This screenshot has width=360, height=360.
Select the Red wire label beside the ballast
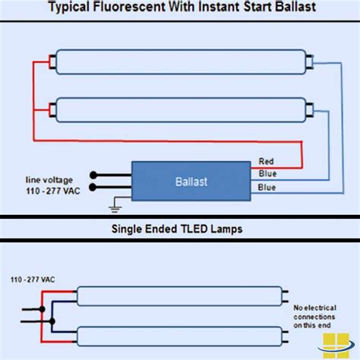(x=267, y=161)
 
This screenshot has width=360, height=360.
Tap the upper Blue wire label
(x=267, y=173)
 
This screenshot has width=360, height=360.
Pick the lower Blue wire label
(x=267, y=187)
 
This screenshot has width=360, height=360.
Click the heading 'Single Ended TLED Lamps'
(x=180, y=229)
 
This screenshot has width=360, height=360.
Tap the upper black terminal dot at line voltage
(x=93, y=175)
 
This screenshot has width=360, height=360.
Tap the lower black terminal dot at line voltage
(x=93, y=187)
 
